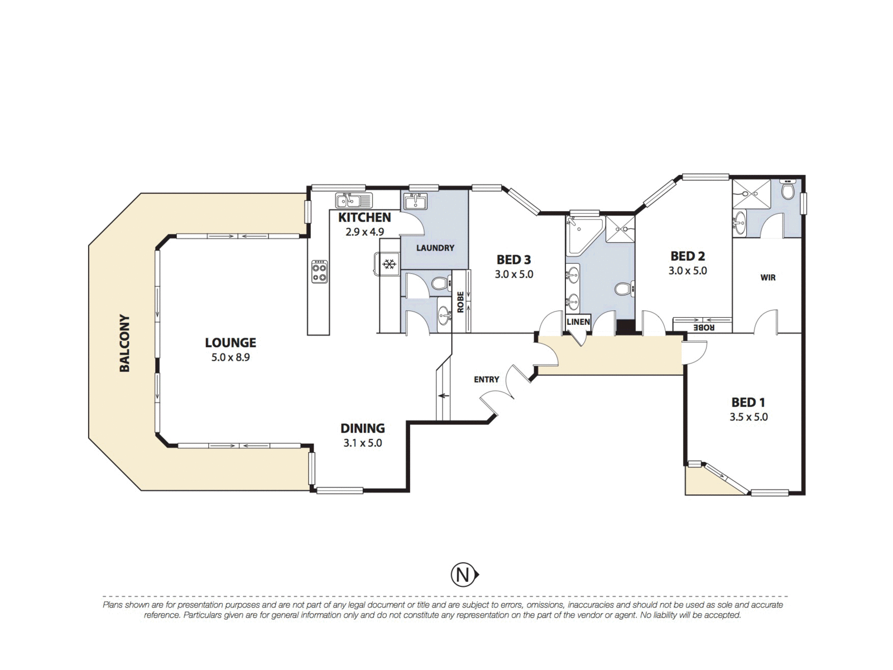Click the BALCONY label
[x=125, y=343]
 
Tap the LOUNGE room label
[x=231, y=342]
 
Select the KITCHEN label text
[x=364, y=217]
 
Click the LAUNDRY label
[x=435, y=248]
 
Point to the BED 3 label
[x=514, y=259]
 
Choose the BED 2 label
[x=688, y=256]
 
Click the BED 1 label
[x=748, y=403]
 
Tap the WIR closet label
[x=767, y=277]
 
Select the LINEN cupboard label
[x=578, y=322]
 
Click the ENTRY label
[x=486, y=380]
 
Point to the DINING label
[x=362, y=428]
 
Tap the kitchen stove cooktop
[x=319, y=271]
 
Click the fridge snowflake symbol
[x=390, y=265]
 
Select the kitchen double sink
[x=353, y=200]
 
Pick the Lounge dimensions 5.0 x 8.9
[x=231, y=357]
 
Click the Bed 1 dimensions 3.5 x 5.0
[x=748, y=417]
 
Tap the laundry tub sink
[x=416, y=201]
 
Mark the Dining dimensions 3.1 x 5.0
[x=362, y=443]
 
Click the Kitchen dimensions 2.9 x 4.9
[x=364, y=232]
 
